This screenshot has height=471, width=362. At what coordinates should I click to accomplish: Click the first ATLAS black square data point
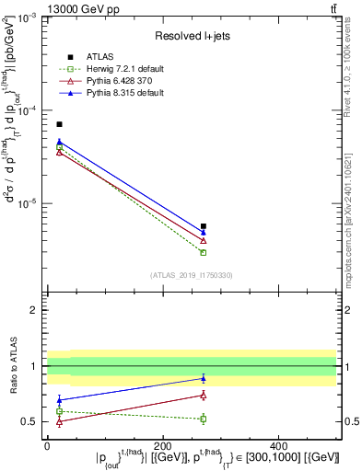click(x=59, y=124)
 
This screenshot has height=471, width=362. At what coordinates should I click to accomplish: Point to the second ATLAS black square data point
click(x=204, y=226)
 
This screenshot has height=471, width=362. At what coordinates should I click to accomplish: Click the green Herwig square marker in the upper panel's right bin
click(x=204, y=252)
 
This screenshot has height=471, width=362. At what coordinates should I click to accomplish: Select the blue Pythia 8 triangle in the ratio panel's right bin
click(x=204, y=378)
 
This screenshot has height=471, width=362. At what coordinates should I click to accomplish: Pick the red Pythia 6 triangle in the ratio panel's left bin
click(x=59, y=422)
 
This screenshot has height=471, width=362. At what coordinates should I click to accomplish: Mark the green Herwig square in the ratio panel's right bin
click(x=204, y=419)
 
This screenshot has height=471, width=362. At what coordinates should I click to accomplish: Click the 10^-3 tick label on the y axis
click(x=28, y=17)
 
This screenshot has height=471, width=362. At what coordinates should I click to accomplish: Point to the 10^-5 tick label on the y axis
click(x=28, y=203)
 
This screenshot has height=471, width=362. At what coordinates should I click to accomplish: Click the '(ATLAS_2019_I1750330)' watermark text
click(x=191, y=275)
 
